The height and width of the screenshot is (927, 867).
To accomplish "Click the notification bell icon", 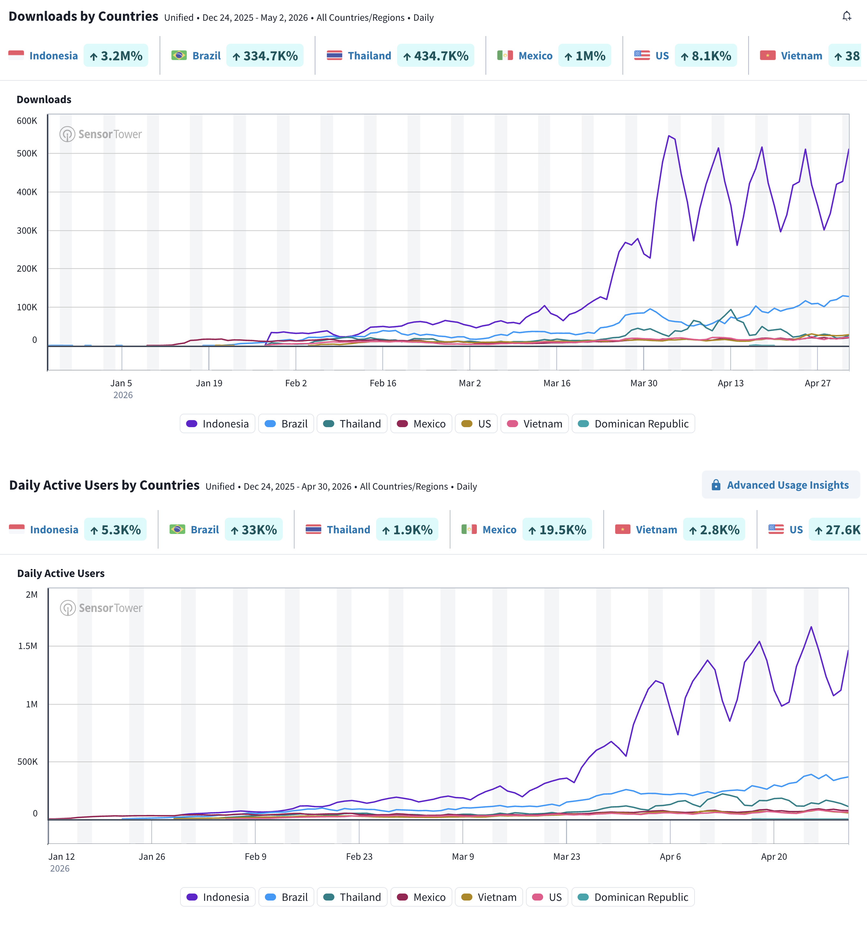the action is (x=847, y=16).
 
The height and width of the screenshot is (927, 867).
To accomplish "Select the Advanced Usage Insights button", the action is (x=781, y=485).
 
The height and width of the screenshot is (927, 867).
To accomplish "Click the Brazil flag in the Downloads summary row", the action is (x=178, y=55).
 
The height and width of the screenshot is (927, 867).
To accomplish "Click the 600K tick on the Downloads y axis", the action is (x=27, y=121).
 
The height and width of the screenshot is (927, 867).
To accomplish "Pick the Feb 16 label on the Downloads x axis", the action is (x=383, y=383).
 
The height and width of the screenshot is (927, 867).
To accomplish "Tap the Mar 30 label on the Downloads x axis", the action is (x=644, y=383).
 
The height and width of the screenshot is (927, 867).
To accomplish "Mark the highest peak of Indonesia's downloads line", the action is (x=669, y=136).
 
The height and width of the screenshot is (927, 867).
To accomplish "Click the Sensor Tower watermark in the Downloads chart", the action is (x=101, y=134).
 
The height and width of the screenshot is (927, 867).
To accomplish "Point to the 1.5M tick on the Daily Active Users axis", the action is (x=27, y=646).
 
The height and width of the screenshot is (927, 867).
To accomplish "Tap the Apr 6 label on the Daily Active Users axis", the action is (x=670, y=857).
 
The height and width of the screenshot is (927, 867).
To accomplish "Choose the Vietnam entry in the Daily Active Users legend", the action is (x=489, y=897).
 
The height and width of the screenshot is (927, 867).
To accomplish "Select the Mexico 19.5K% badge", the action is (x=557, y=530).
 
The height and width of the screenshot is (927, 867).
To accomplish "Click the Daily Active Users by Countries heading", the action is (x=105, y=485).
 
